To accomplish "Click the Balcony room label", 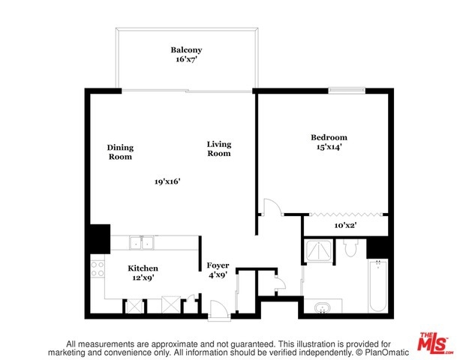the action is [x=186, y=50].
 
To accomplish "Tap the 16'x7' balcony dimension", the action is [x=187, y=59].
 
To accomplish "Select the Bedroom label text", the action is [x=329, y=137].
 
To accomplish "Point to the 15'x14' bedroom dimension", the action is [x=329, y=147].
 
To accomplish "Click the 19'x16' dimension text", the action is [x=167, y=181].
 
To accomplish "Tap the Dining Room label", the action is [x=120, y=152].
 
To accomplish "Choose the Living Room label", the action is [x=219, y=148].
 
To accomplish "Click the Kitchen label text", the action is [x=143, y=268].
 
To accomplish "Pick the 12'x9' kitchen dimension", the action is [x=143, y=277].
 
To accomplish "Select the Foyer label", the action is [x=218, y=265].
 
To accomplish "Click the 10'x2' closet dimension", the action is [x=345, y=225].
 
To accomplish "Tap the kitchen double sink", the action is [x=142, y=242].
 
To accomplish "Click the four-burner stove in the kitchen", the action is [x=98, y=269].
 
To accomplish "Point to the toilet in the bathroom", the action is [x=350, y=247].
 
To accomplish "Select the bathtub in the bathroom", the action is [x=378, y=286].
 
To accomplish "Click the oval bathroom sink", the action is [x=323, y=307].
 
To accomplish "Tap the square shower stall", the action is [x=318, y=250].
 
